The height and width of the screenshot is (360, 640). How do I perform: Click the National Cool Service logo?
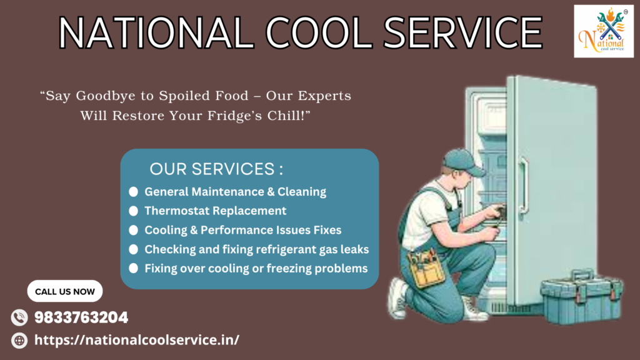[x=604, y=31]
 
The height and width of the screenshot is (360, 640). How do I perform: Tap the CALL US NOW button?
[x=65, y=291]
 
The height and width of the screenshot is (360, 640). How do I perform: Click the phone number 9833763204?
[x=81, y=317]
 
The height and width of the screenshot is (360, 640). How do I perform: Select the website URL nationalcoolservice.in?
[x=137, y=339]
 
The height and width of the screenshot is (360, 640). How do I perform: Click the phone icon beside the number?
[x=19, y=317]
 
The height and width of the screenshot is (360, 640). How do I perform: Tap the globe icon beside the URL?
[x=19, y=341]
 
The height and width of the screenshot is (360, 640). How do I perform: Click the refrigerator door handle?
[x=524, y=184]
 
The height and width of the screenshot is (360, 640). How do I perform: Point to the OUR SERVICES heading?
[x=216, y=169]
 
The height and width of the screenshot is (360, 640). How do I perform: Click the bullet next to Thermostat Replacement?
[x=134, y=211]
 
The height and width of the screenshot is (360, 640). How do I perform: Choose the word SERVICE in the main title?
[x=463, y=32]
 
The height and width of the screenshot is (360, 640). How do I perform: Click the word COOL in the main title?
[x=318, y=32]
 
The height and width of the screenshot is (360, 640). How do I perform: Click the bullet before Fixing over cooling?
[x=134, y=269]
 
